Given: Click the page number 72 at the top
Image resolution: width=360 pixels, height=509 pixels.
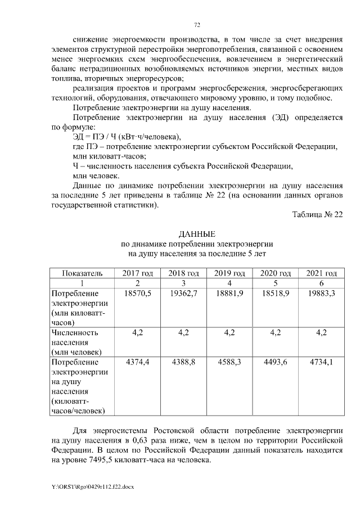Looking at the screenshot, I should tap(197, 25).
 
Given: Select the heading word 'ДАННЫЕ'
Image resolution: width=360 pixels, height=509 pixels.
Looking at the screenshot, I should tap(197, 233).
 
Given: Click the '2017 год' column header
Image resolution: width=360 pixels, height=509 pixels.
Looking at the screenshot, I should tap(137, 273).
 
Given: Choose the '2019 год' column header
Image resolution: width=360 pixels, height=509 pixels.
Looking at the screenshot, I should tap(229, 273).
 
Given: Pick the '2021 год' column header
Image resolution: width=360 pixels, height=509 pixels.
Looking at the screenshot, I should tap(321, 273).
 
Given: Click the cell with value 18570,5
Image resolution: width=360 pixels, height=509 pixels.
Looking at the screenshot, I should tap(137, 294).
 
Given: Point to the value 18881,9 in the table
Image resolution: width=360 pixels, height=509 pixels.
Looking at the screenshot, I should tap(229, 294).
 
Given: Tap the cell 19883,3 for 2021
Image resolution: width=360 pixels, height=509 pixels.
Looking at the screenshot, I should tap(321, 294).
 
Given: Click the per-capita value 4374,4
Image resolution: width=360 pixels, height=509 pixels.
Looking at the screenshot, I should tap(137, 362).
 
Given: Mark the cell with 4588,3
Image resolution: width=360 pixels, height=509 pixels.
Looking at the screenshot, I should tap(229, 362).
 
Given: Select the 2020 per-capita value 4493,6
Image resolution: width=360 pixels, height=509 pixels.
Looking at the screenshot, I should tap(275, 362).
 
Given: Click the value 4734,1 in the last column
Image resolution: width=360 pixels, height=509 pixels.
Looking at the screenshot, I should tap(321, 362).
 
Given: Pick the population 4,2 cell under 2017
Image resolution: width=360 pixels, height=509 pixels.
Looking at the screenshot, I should tap(137, 332).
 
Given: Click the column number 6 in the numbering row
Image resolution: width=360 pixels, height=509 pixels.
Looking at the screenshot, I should tap(321, 283).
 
